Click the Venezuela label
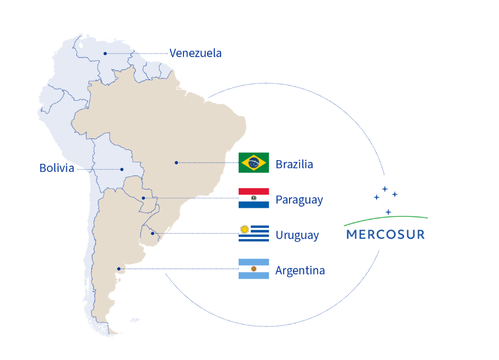195,53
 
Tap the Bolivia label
57,168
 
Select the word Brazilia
294,164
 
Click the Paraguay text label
299,200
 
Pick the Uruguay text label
297,235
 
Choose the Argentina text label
300,270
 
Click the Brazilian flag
253,163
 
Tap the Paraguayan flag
253,198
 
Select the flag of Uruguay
253,233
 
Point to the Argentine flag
253,269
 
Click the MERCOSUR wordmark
386,234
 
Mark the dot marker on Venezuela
106,54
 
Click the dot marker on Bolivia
122,170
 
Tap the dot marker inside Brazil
176,163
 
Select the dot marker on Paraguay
143,198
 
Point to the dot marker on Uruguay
152,233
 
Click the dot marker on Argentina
119,269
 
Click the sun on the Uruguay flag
244,230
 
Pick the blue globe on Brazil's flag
253,163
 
